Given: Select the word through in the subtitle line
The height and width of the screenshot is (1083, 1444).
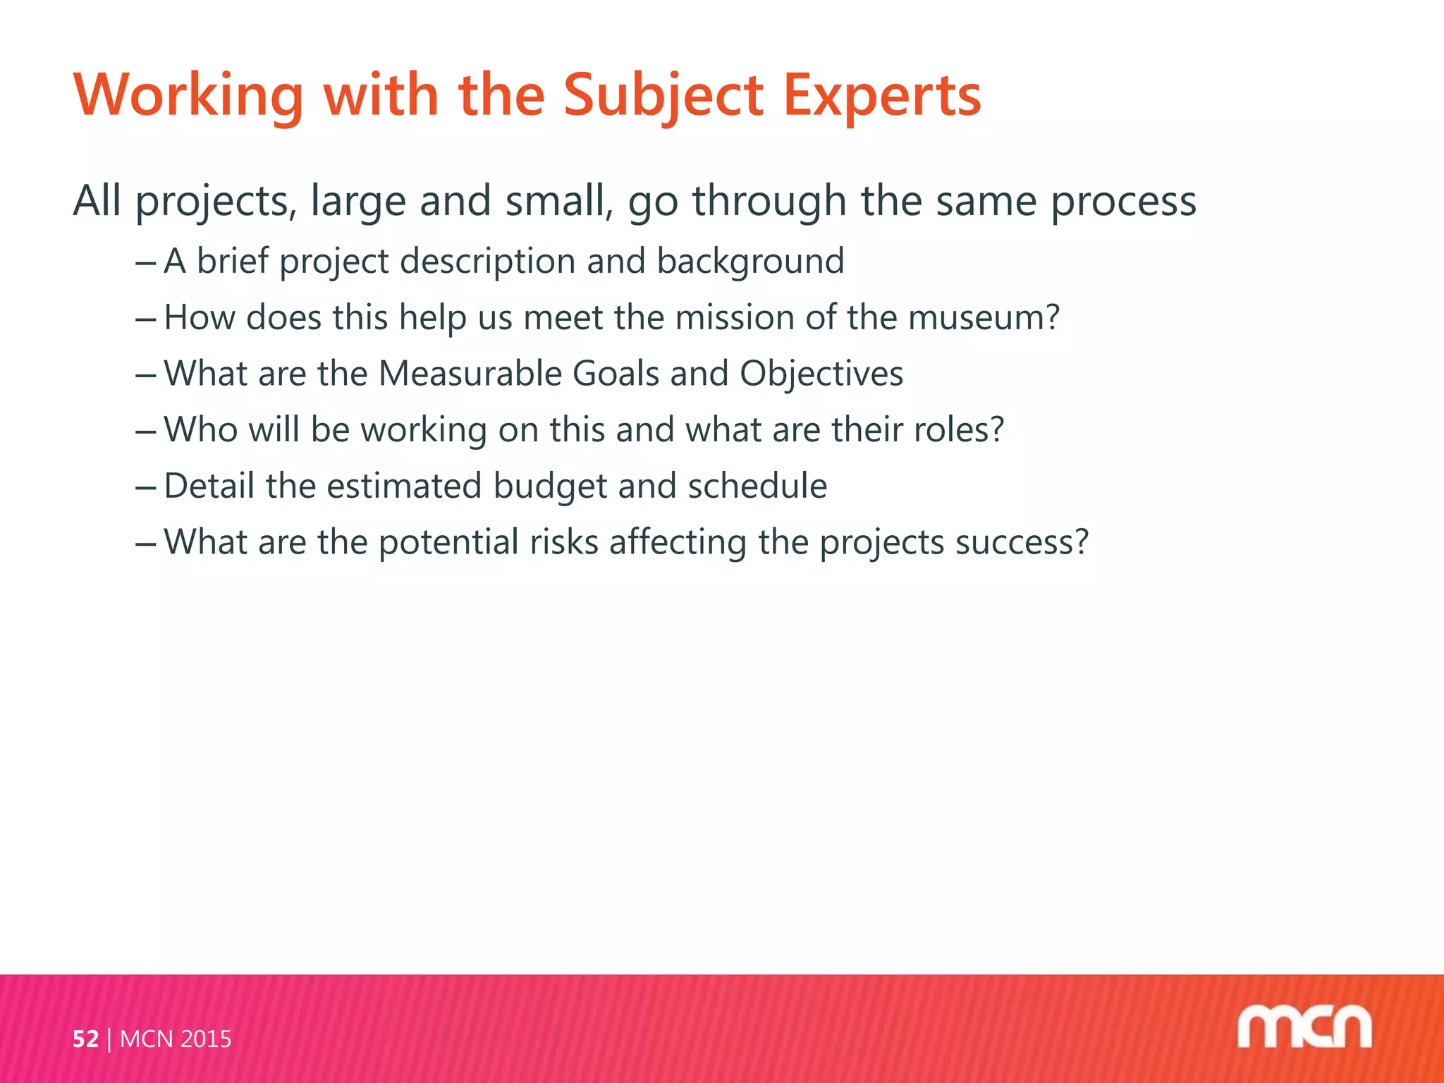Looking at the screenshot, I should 769,202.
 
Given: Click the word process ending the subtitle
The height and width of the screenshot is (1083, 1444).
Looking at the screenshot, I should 1123,202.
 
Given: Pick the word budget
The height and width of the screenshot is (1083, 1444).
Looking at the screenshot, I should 550,487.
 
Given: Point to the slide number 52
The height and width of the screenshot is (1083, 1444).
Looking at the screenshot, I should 85,1039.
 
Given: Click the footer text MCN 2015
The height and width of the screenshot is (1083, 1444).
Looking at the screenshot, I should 176,1039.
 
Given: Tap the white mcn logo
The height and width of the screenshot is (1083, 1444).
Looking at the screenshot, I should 1304,1027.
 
